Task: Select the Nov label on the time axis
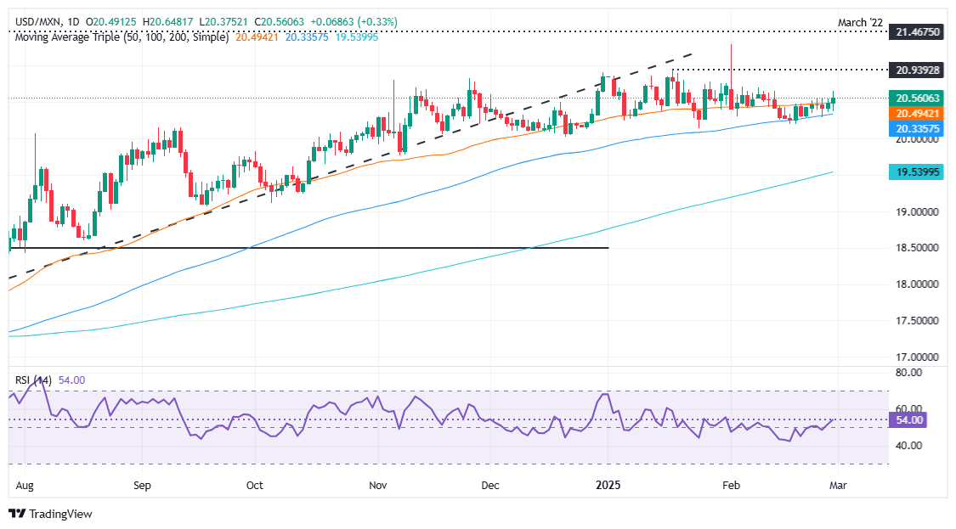pyautogui.click(x=378, y=487)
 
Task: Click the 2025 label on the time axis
pyautogui.click(x=608, y=487)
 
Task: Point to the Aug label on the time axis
pyautogui.click(x=24, y=487)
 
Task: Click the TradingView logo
pyautogui.click(x=51, y=514)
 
